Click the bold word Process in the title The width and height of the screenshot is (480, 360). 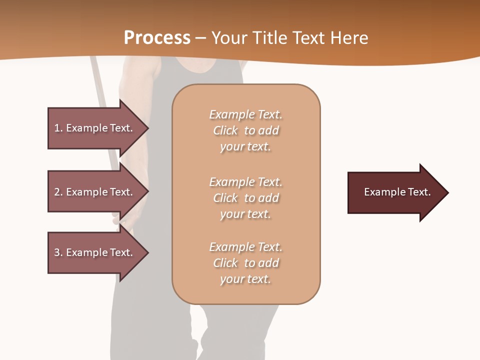click(x=157, y=37)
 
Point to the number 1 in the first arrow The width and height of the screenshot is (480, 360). click(x=57, y=128)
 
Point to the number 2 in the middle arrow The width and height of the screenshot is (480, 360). click(x=57, y=192)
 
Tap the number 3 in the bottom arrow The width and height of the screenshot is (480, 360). click(x=57, y=252)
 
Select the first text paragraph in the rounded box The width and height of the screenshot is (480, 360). click(x=245, y=130)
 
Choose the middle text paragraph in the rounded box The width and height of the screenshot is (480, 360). click(x=245, y=198)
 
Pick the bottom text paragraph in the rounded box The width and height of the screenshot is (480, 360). click(x=245, y=263)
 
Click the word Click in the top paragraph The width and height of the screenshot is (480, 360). click(x=225, y=130)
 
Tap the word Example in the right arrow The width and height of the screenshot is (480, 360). click(x=380, y=192)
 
